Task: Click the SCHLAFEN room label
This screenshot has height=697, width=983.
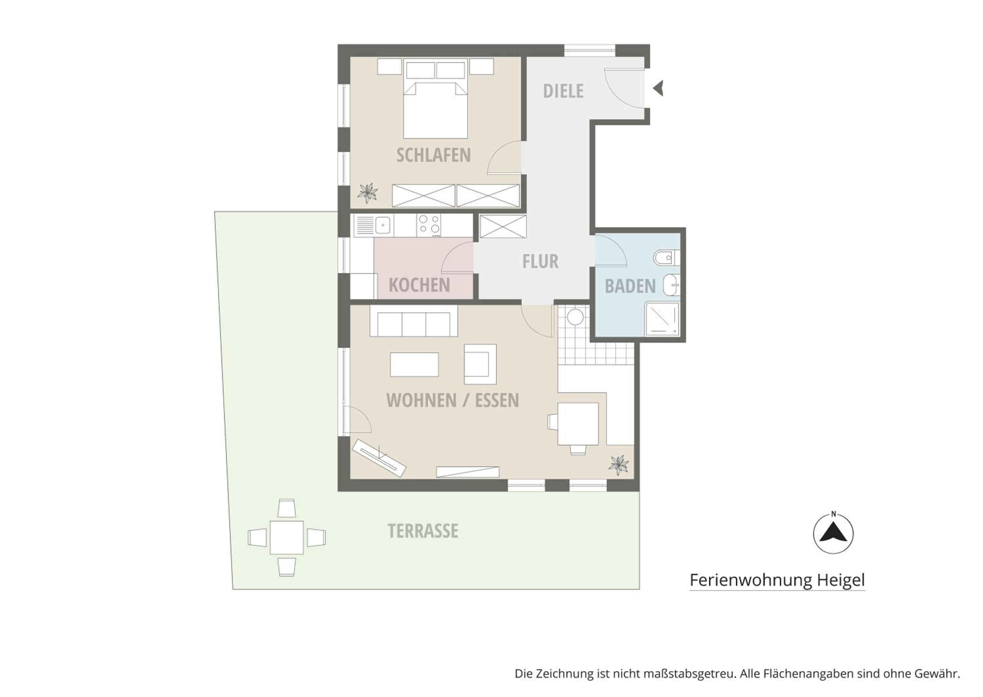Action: pos(433,155)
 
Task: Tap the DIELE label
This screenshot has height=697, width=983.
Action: pos(563,91)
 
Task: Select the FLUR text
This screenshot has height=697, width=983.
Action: pos(540,261)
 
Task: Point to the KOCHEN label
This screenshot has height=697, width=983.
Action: pos(419,285)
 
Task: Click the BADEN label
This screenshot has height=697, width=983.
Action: pos(630,286)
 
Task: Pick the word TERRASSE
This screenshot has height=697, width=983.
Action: pos(423,531)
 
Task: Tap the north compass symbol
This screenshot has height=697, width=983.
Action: pos(833,534)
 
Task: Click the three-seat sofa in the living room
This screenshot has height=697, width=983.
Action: pos(414,321)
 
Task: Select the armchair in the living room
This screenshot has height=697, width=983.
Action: pos(480,364)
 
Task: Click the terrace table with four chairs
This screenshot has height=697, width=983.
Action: pos(287,537)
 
